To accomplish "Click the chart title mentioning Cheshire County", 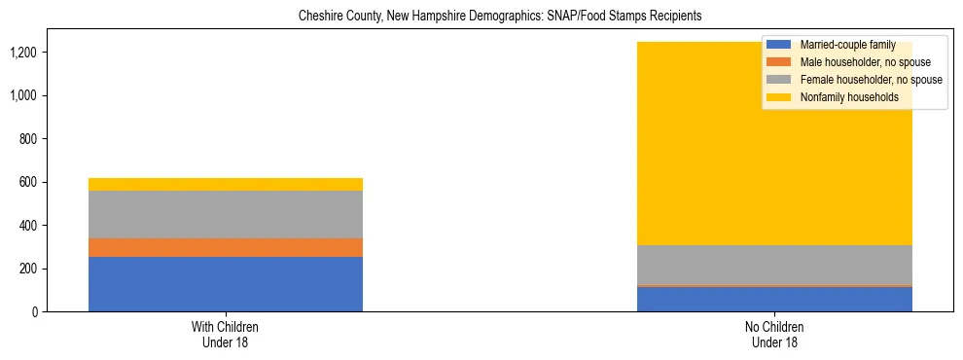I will [x=500, y=17].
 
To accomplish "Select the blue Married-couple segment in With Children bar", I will [x=226, y=284].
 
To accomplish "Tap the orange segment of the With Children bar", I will [x=226, y=247].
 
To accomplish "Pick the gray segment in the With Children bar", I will [x=226, y=214].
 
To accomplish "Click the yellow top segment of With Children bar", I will [x=226, y=184].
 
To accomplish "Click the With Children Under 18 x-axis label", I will [x=226, y=335].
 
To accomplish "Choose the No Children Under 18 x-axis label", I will [x=774, y=335].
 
